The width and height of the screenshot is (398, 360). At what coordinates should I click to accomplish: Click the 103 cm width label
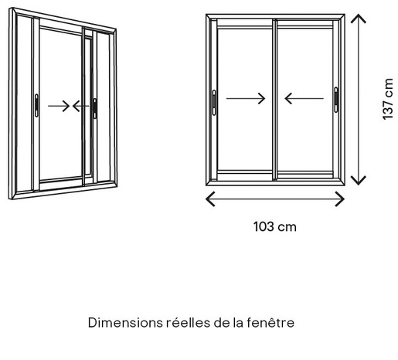[275, 227]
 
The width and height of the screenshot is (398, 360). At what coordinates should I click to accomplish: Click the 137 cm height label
[388, 99]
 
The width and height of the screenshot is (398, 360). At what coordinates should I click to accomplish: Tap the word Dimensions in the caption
[125, 323]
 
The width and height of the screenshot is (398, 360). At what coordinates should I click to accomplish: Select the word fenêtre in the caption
[270, 323]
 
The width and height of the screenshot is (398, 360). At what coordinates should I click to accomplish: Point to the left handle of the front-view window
[214, 103]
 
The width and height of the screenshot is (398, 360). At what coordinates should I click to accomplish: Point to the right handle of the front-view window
[336, 100]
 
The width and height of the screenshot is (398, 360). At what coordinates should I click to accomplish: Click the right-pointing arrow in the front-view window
[246, 99]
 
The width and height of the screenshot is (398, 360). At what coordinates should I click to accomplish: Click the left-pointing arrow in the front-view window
[304, 99]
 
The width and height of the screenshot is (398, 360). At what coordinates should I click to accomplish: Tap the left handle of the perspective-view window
[36, 105]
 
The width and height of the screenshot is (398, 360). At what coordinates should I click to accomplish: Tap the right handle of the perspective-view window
[95, 108]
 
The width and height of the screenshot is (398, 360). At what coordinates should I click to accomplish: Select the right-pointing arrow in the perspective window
[59, 106]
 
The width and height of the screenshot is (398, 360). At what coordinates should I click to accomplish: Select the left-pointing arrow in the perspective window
[80, 106]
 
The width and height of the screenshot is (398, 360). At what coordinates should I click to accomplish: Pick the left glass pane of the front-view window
[245, 100]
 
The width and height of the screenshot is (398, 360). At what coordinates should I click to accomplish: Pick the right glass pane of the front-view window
[304, 100]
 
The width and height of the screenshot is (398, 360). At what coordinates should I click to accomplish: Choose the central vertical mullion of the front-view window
[274, 100]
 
